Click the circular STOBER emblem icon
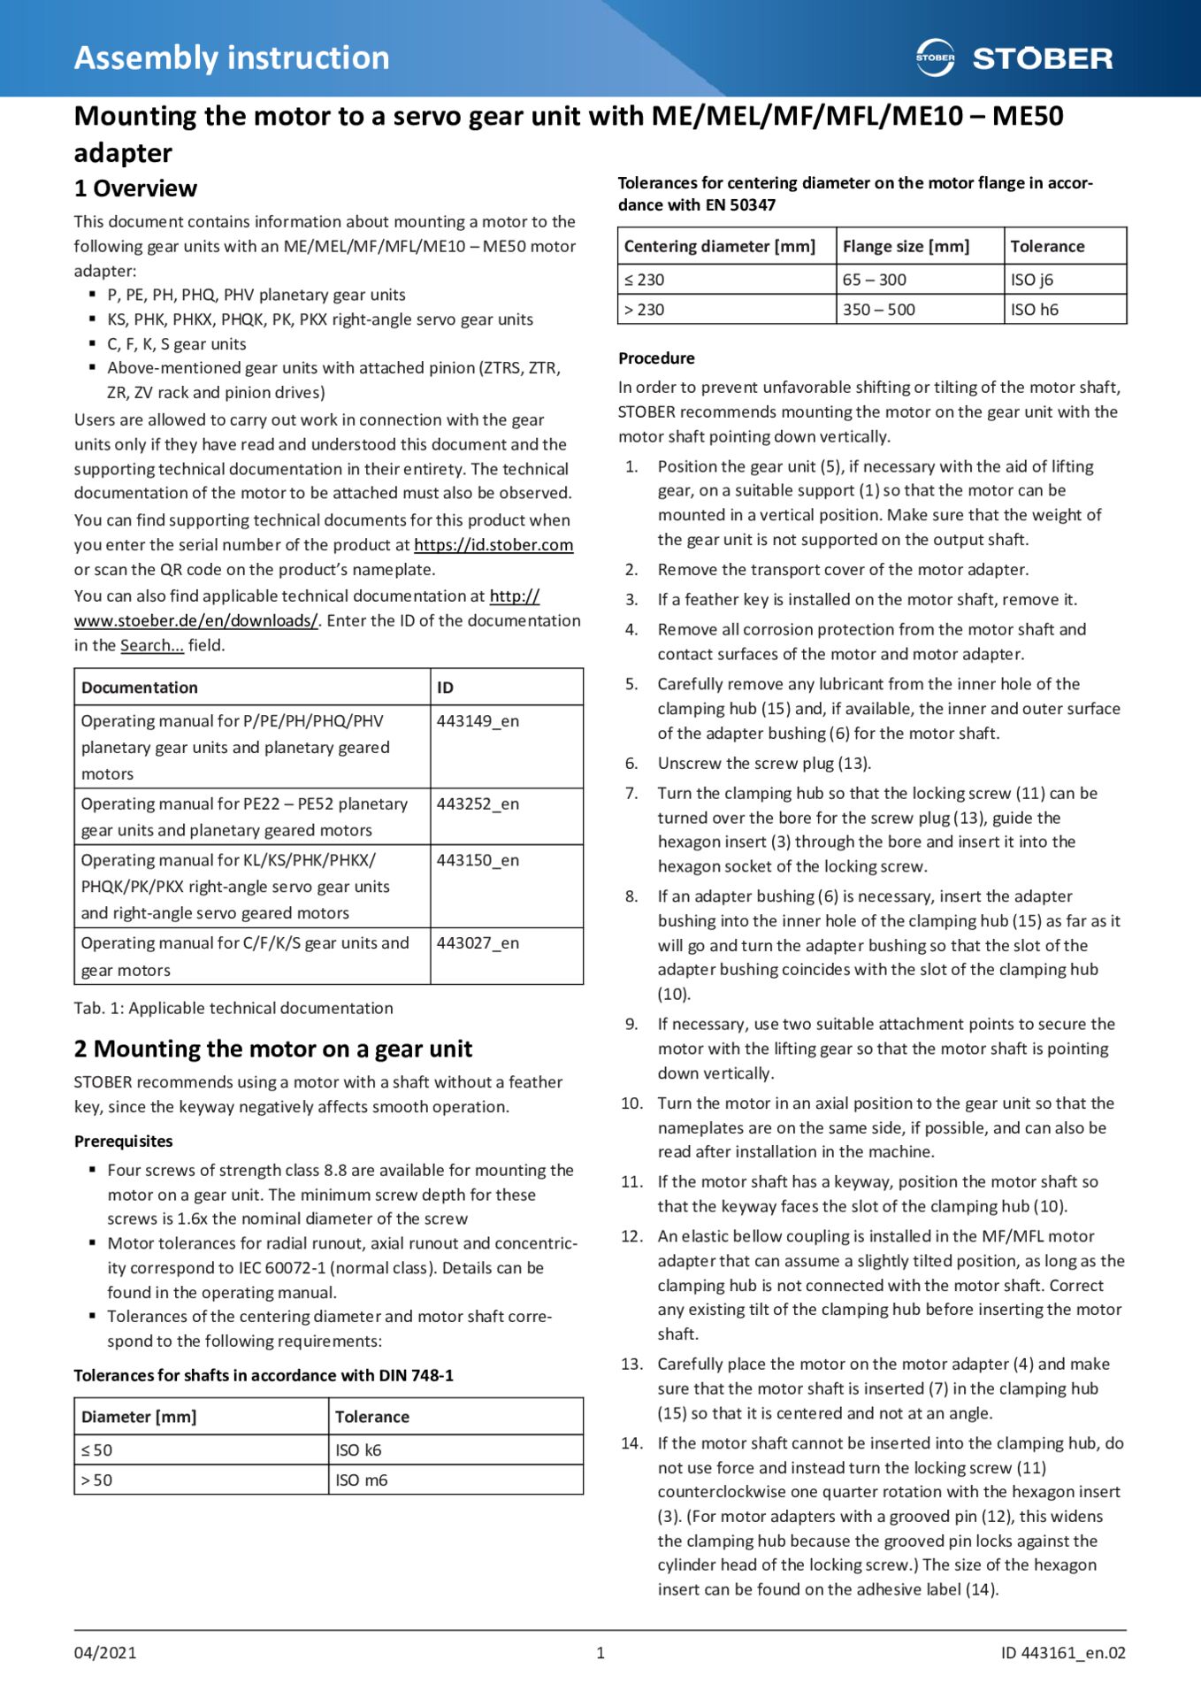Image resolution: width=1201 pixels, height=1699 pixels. pos(935,58)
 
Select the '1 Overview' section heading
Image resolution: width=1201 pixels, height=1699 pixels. pos(135,188)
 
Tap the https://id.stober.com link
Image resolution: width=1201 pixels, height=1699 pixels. pos(493,545)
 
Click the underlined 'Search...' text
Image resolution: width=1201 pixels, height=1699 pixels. pos(152,646)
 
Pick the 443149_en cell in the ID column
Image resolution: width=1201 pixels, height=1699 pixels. pos(478,721)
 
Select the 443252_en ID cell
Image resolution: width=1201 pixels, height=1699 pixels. pos(478,804)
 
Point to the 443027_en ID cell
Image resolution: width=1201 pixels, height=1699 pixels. pos(478,943)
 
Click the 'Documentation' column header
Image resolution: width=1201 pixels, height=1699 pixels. pos(140,688)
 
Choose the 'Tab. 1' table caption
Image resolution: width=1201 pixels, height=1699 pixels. pos(233,1009)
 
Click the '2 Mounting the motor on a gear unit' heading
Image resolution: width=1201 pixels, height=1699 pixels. pos(272,1049)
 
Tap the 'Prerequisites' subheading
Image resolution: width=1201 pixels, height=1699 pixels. pos(123,1142)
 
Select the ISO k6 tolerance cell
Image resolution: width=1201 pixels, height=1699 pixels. pos(358,1450)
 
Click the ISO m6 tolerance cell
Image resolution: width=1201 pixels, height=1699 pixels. pos(361,1480)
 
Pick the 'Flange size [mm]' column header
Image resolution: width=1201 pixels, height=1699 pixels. pos(906,247)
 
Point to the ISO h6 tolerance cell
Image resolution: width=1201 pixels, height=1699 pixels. pos(1034,310)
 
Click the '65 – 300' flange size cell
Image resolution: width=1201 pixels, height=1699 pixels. pos(874,280)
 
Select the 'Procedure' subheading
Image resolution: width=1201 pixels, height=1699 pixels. pos(656,358)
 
